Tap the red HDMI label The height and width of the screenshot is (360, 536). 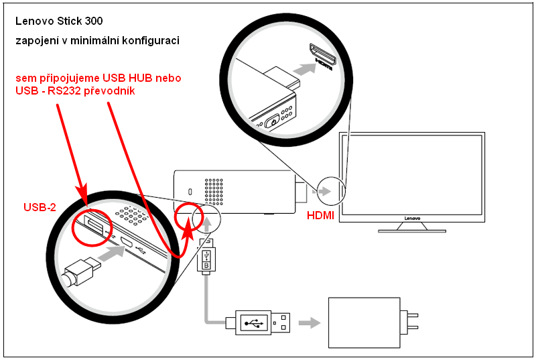point(320,216)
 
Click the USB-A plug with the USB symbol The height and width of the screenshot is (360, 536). point(263,323)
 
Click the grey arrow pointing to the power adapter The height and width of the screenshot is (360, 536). point(308,323)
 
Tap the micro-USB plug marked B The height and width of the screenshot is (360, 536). point(207,257)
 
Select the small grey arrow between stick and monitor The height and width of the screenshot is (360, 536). point(324,191)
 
